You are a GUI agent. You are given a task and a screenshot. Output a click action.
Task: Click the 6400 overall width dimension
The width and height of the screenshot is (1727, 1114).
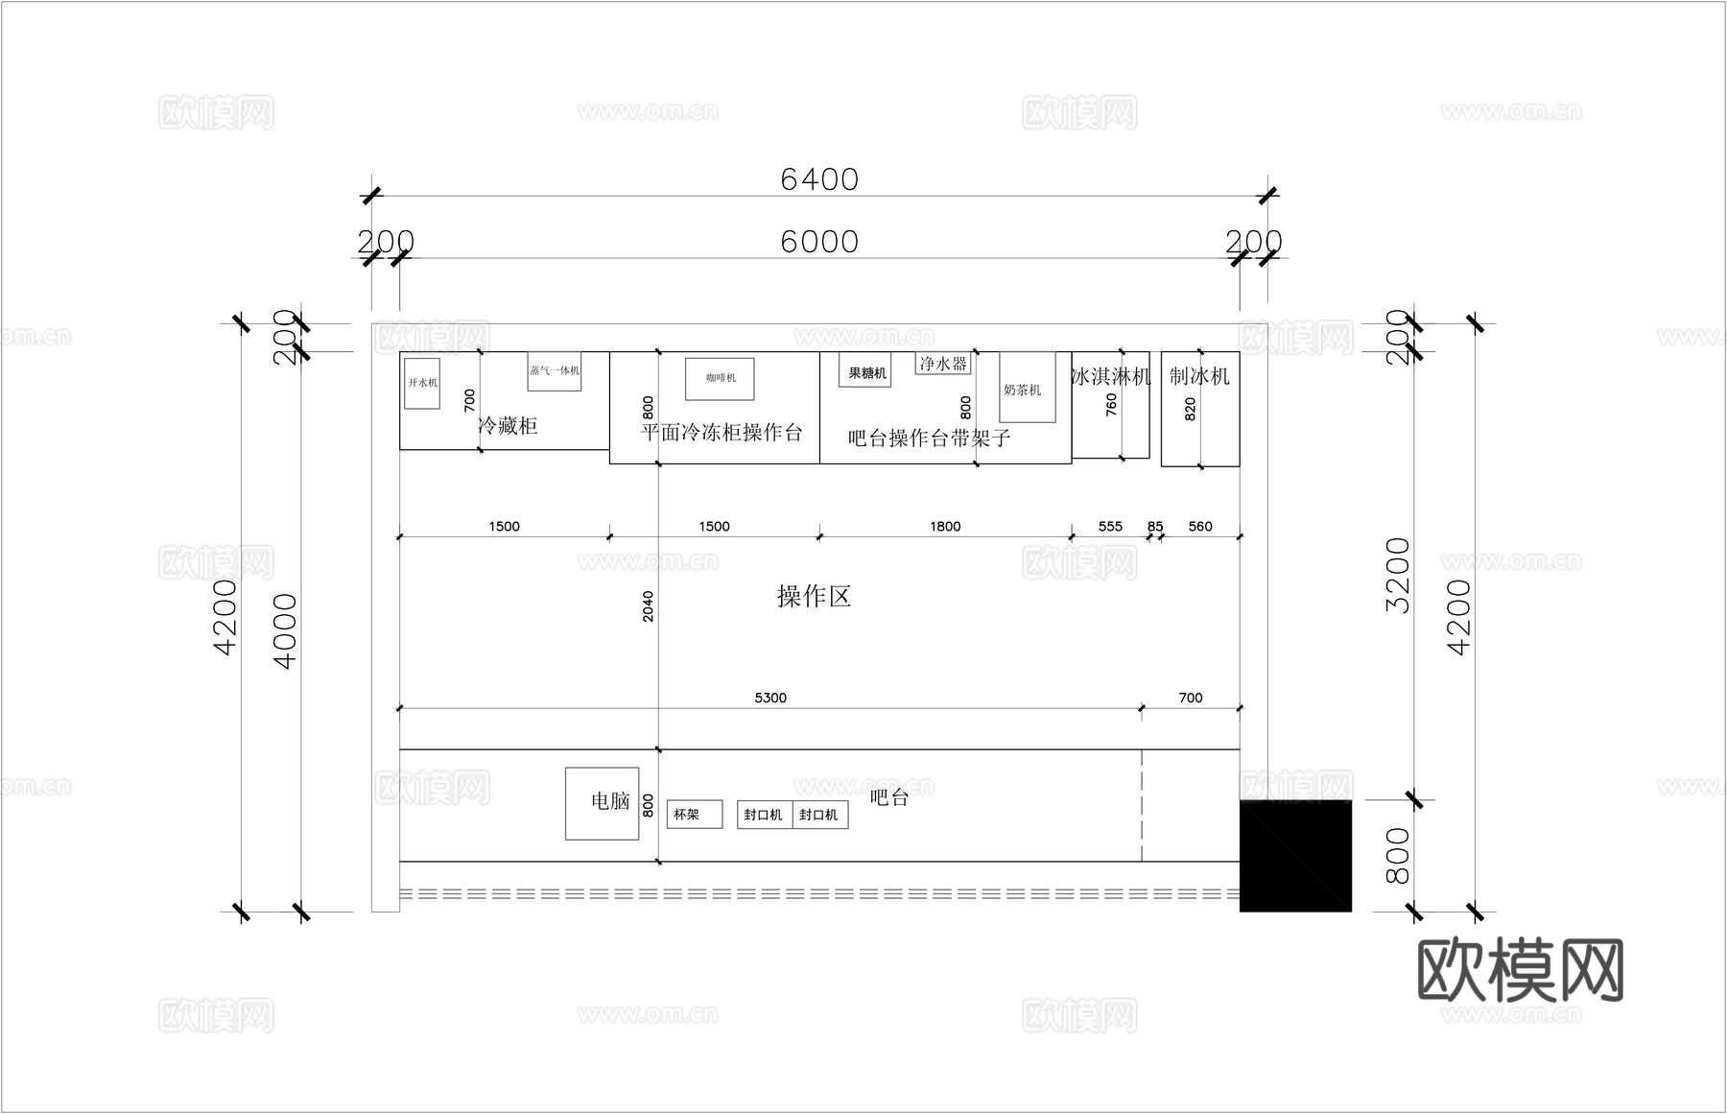(818, 179)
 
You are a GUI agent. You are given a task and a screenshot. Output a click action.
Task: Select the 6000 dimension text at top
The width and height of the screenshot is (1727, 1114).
(818, 242)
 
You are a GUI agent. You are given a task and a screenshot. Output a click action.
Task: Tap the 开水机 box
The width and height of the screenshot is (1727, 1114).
(422, 383)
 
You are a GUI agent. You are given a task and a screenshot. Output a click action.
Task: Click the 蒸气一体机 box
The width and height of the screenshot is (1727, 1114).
(555, 371)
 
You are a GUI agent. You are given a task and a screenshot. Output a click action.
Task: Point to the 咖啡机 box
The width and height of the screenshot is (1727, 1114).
(720, 379)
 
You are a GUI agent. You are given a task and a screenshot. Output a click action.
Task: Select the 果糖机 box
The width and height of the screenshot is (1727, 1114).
(865, 372)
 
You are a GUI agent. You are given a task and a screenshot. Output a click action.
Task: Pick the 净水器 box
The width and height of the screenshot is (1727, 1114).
(943, 364)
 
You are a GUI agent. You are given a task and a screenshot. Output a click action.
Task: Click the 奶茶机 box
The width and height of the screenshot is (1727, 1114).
(1027, 387)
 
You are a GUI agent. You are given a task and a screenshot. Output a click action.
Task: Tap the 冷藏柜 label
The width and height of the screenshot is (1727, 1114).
(509, 426)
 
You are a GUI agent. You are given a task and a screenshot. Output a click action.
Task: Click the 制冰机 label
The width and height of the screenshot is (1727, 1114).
(1199, 376)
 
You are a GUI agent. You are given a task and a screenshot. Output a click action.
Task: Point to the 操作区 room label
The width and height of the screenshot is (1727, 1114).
(814, 597)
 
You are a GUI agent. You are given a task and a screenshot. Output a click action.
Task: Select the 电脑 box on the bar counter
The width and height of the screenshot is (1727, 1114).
(603, 803)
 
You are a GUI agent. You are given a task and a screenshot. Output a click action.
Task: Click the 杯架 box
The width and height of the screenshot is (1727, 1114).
(694, 815)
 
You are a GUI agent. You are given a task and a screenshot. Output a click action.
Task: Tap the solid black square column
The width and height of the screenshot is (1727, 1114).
(1295, 855)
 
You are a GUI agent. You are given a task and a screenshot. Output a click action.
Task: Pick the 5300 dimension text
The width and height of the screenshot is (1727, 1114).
(770, 698)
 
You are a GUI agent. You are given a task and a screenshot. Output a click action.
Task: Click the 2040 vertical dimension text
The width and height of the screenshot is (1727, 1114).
(649, 606)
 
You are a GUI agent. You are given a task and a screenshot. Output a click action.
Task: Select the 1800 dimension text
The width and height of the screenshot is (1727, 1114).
(945, 526)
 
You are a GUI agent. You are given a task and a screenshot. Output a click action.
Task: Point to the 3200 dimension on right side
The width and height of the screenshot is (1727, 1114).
(1399, 576)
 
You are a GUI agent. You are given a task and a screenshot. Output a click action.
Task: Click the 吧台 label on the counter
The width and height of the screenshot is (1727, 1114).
(888, 797)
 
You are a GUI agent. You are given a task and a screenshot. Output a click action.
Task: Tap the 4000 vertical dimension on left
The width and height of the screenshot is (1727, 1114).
(286, 630)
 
